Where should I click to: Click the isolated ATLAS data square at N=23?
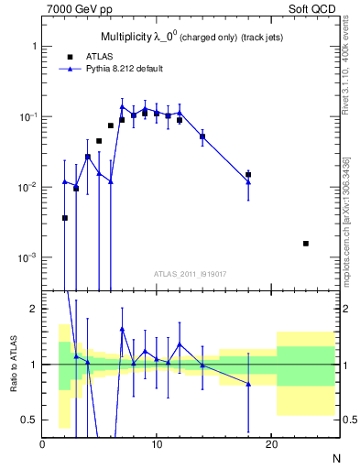pos(305,244)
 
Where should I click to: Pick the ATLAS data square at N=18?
pos(248,174)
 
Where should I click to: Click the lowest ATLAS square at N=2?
pos(65,218)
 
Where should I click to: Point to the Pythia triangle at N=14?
pos(202,135)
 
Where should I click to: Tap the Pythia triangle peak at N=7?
pos(122,106)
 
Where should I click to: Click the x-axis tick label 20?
pos(270,446)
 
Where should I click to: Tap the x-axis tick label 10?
pos(157,446)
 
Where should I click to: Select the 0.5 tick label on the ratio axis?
pos(30,420)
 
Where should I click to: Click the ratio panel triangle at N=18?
pos(248,384)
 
